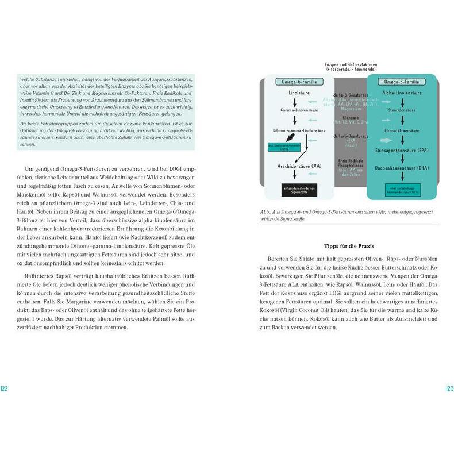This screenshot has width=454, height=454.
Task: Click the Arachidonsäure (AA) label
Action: pos(295,166)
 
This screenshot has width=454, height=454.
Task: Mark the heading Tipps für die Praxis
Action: pos(349,245)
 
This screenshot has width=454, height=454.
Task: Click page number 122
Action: pos(4,389)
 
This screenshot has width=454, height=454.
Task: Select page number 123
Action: pos(449,389)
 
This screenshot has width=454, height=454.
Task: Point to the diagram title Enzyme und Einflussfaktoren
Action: pos(351,65)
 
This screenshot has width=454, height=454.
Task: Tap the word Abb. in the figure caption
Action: pos(266,212)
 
